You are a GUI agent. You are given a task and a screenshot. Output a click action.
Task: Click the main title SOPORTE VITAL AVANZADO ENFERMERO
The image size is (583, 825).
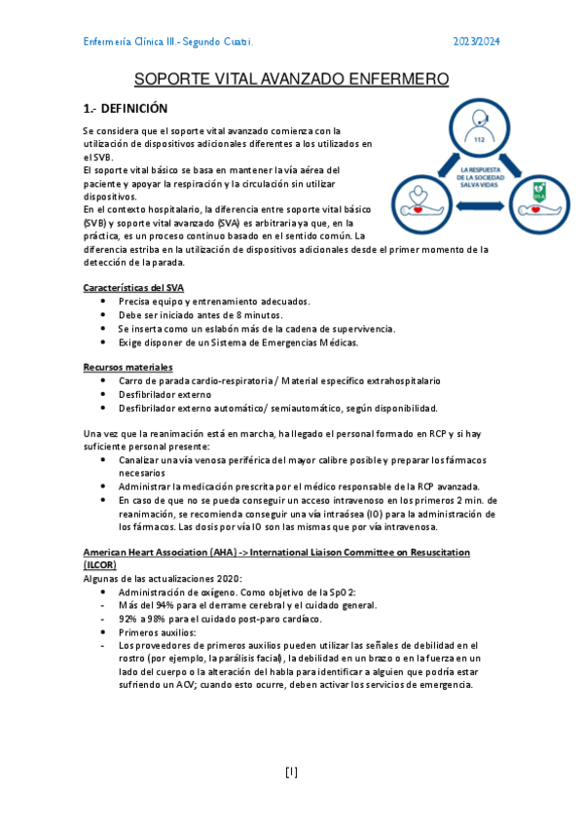point(291,79)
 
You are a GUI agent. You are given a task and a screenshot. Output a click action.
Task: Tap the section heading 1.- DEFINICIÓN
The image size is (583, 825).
point(126,109)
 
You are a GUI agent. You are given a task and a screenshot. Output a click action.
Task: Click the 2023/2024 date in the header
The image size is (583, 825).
point(477,42)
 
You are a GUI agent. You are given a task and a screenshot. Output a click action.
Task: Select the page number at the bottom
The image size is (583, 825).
point(291,772)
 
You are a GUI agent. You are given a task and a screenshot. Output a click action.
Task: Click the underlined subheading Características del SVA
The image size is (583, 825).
point(133,288)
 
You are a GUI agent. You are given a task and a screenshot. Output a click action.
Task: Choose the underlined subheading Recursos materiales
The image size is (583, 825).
point(128,367)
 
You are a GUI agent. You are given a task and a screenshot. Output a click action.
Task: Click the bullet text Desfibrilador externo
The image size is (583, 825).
point(165,394)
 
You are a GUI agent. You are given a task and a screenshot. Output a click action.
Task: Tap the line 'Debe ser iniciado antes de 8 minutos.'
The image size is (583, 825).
point(200,315)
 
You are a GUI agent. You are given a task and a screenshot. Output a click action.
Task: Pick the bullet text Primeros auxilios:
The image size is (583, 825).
point(157,631)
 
